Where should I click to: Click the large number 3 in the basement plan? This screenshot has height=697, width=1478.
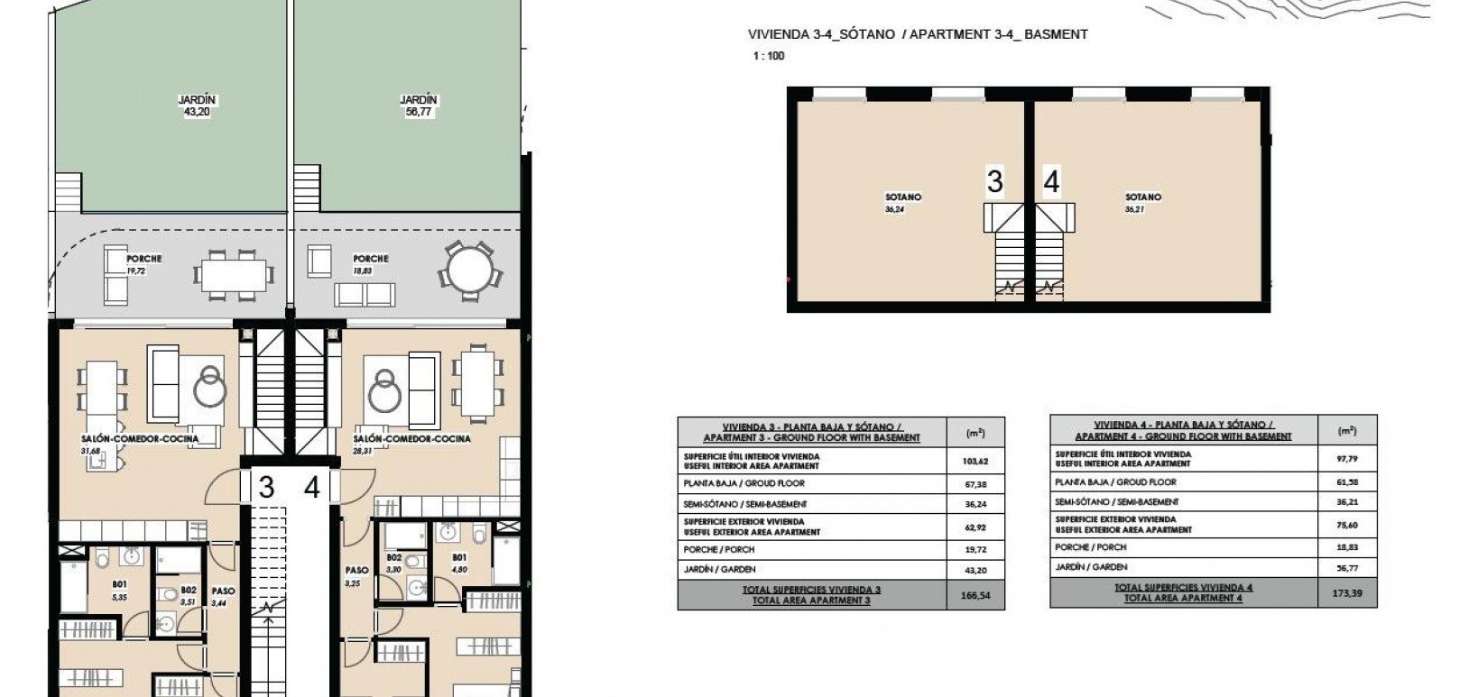pyautogui.click(x=994, y=182)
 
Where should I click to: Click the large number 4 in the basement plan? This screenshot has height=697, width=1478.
pyautogui.click(x=1051, y=182)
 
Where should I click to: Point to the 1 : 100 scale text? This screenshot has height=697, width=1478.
pyautogui.click(x=769, y=56)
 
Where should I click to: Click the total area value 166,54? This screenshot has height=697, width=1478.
pyautogui.click(x=975, y=596)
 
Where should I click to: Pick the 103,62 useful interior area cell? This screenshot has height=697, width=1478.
pyautogui.click(x=975, y=461)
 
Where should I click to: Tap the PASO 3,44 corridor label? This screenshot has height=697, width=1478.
pyautogui.click(x=223, y=597)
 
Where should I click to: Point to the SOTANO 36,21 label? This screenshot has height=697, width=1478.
pyautogui.click(x=1143, y=202)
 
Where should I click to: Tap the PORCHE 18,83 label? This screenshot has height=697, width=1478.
pyautogui.click(x=370, y=263)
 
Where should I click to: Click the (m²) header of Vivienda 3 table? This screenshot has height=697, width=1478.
pyautogui.click(x=975, y=433)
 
